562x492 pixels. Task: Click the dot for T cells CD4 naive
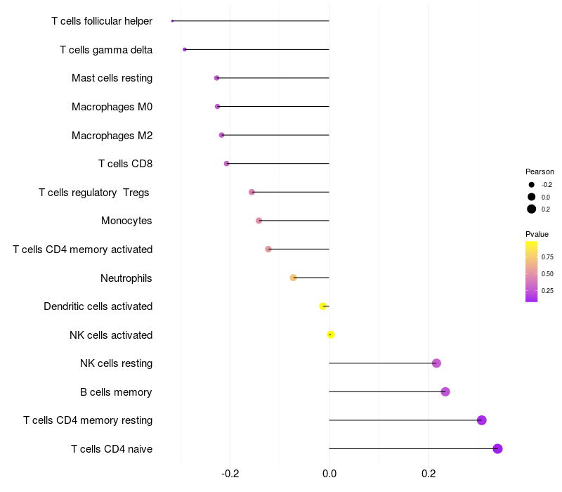497,449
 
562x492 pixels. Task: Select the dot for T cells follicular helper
172,21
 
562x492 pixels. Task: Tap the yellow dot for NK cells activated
331,335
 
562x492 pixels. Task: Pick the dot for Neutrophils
294,278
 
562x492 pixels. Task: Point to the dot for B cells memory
445,391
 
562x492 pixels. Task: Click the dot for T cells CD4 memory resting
482,420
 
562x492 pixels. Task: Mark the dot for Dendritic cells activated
323,306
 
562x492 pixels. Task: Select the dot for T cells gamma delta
185,49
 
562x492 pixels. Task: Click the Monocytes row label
126,221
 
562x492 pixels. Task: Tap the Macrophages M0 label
112,107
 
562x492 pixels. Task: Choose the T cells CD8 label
125,164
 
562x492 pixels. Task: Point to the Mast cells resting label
112,78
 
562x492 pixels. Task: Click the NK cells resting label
116,363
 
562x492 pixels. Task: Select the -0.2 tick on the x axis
230,474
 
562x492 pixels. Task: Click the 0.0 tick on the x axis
329,474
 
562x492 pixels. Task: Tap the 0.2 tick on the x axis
428,474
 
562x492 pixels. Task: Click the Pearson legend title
540,171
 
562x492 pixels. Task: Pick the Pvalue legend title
537,234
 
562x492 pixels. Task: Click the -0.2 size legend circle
532,185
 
